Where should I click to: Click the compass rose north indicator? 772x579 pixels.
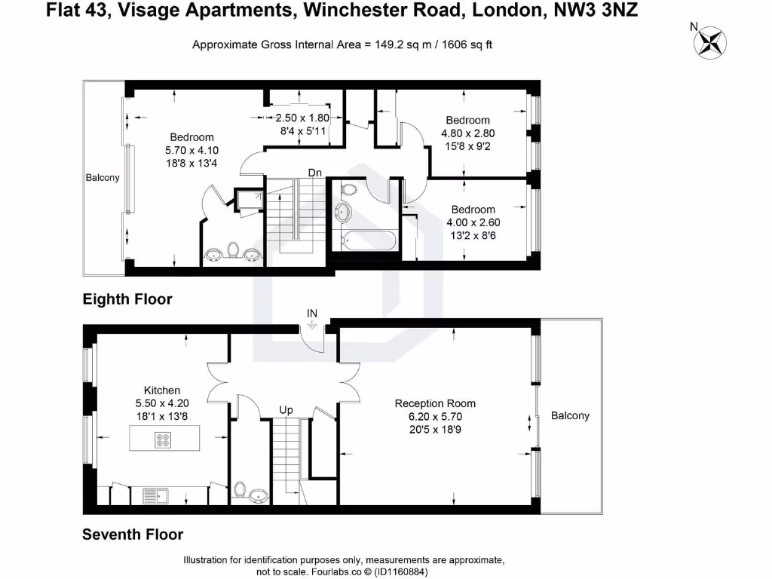(709, 41)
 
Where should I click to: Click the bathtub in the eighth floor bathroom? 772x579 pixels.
(367, 242)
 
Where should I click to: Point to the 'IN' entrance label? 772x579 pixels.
(313, 312)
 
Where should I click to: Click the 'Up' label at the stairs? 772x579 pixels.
(286, 410)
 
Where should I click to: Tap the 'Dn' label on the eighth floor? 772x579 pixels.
(315, 173)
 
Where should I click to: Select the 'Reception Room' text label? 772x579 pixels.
(435, 403)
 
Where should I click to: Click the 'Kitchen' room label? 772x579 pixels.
(162, 390)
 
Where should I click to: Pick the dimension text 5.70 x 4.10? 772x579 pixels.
(191, 151)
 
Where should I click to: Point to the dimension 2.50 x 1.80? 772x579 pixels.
(302, 118)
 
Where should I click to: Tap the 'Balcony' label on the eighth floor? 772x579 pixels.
(102, 178)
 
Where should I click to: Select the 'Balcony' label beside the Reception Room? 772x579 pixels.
(570, 415)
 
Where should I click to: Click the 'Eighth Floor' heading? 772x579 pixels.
(127, 299)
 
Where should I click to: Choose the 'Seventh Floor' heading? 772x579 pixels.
(132, 535)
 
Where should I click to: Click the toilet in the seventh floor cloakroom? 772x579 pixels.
(240, 491)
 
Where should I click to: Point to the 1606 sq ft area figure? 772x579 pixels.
(464, 44)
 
